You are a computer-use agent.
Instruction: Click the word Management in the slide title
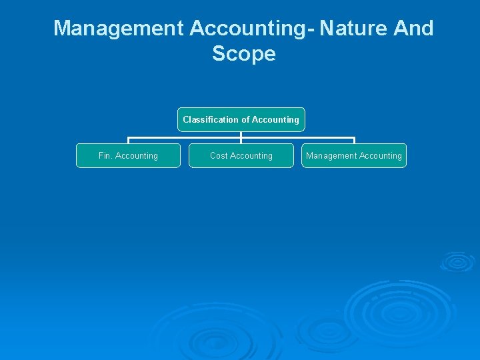point(118,29)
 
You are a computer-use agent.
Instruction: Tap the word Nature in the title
point(353,29)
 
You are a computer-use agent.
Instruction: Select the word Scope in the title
point(243,53)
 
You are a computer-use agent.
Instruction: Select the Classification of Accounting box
point(241,120)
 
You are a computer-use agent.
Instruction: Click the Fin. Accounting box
point(128,156)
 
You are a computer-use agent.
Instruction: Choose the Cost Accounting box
point(241,156)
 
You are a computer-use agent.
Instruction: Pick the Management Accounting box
point(354,156)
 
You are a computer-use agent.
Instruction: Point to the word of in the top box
point(246,120)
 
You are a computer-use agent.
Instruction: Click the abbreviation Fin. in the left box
point(105,156)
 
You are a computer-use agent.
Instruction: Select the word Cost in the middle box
point(219,156)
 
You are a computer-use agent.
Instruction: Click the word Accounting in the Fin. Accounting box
point(137,156)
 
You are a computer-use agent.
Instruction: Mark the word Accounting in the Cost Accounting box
point(251,156)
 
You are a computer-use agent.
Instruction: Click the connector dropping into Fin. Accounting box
point(128,141)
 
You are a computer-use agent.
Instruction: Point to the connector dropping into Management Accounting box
point(354,141)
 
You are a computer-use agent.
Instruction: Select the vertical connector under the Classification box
point(241,135)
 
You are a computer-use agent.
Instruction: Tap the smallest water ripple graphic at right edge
point(457,261)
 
